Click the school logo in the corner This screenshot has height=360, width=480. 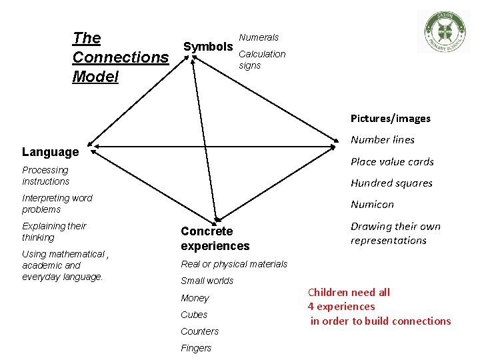coord(443,31)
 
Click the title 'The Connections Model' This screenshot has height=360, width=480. coord(120,57)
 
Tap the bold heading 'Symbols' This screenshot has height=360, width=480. coord(208,47)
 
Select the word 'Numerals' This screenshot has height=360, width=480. coord(259,37)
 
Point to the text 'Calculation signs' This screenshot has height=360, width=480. coord(262,59)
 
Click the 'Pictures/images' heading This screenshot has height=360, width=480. coord(391,119)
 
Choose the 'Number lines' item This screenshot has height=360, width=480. coord(383,140)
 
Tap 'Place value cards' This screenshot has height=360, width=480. coord(392,161)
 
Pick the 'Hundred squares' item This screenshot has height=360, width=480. coord(391,183)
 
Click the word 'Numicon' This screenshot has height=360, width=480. coord(372,204)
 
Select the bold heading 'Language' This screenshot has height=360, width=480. coord(51,152)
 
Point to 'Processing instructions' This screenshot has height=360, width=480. coord(45,175)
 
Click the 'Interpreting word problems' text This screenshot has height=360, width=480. coord(57,203)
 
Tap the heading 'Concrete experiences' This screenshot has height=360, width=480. coord(215,239)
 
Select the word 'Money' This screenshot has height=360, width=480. coord(195,298)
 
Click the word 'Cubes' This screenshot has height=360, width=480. coord(194,315)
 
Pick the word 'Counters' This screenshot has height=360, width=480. coord(199,331)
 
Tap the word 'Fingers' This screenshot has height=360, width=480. coord(196,348)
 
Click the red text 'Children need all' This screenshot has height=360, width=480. coord(349,292)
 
